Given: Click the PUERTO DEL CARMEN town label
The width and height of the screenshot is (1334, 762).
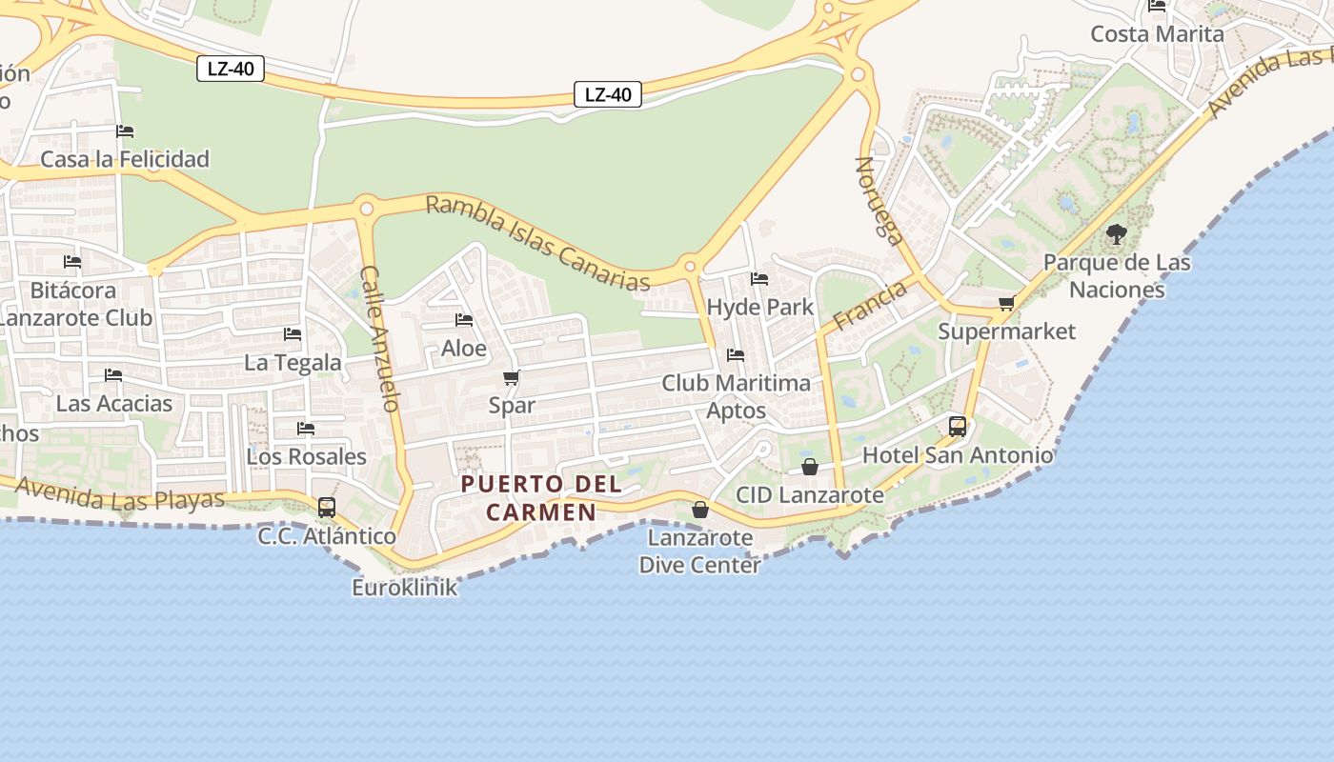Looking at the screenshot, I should coord(541,497).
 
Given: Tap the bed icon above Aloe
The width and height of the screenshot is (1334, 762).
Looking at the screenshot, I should coord(464,320).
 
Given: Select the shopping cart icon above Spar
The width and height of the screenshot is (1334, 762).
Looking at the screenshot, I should coord(512,378).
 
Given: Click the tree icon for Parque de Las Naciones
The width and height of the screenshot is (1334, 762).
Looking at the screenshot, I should coord(1117,233).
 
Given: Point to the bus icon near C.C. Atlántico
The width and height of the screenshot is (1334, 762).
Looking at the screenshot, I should coord(327,508).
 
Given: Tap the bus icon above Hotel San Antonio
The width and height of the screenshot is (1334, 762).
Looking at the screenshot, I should coord(958,427).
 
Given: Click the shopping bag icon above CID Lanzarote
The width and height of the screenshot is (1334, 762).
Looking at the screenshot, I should coord(810,467).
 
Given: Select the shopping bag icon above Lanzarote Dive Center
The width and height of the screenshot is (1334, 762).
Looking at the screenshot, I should coord(700,510).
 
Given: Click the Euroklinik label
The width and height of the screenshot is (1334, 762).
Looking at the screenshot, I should coord(405,587).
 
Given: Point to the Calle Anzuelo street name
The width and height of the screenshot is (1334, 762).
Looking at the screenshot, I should coord(379,338).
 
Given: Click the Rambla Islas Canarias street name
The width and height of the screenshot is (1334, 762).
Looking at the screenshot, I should coord(537,243).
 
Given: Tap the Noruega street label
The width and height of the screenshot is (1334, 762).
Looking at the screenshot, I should coord(879,201).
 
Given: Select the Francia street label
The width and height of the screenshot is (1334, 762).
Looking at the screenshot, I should coord(869,306).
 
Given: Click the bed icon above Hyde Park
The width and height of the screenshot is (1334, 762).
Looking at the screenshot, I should coord(759,279).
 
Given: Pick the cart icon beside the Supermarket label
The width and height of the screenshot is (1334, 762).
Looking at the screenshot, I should coord(1006,304).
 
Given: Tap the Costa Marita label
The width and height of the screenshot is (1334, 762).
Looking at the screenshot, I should coord(1157,34).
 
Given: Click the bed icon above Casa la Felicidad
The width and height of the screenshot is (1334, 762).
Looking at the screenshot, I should coord(125,131).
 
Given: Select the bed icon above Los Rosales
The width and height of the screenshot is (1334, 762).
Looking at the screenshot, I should coord(306,429).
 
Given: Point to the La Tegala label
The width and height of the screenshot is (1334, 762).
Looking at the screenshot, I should coord(293,362).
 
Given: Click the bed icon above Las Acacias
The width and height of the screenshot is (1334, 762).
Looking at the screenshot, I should coord(113,375).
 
